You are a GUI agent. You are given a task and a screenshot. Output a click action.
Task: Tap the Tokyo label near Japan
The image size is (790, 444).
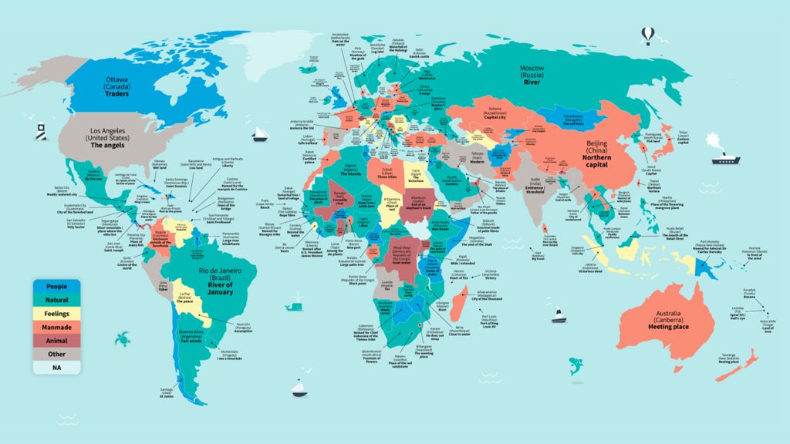pyautogui.click(x=683, y=133)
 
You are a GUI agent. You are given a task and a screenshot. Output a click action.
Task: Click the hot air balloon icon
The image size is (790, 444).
pyautogui.click(x=649, y=34)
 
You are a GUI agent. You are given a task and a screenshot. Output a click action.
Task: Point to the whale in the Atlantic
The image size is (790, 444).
pyautogui.click(x=292, y=306)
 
